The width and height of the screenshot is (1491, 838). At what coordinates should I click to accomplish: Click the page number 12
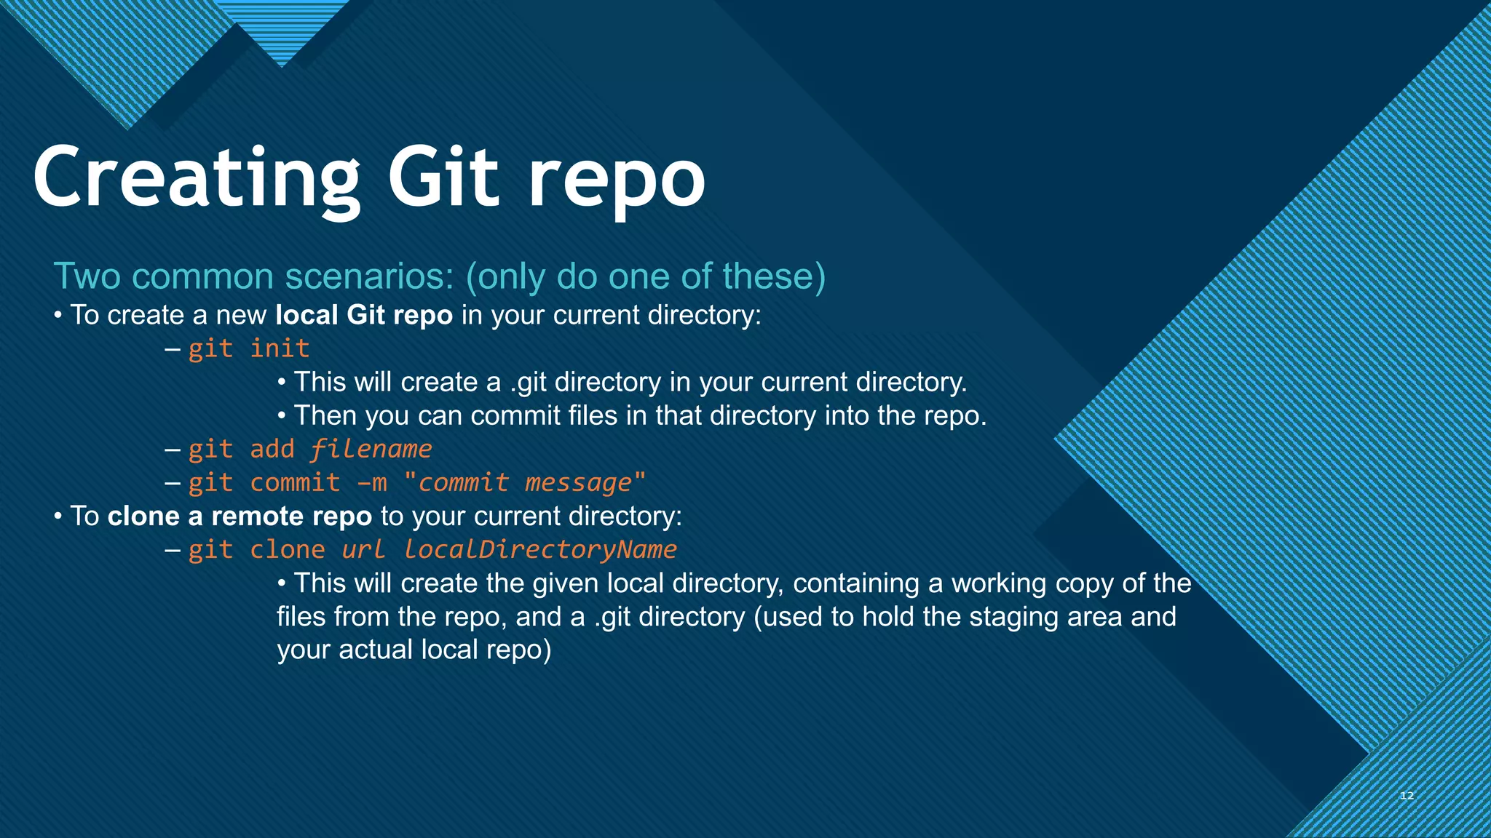(x=1407, y=796)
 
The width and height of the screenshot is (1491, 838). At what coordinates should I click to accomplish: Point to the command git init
(x=249, y=348)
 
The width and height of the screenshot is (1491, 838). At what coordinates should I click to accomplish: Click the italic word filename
(x=371, y=449)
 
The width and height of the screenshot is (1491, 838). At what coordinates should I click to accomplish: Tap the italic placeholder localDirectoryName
(x=540, y=549)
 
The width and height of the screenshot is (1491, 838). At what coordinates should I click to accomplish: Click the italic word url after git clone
(x=363, y=549)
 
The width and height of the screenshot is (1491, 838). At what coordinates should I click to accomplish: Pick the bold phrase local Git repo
(x=364, y=315)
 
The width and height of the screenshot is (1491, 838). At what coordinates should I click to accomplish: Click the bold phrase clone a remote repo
(x=240, y=516)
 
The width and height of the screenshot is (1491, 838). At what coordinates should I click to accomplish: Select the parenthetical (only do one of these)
(x=646, y=276)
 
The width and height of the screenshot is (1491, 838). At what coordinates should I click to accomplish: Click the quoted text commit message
(x=524, y=483)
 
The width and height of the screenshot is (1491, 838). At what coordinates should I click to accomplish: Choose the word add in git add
(x=272, y=449)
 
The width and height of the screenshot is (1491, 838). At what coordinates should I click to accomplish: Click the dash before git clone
(x=173, y=549)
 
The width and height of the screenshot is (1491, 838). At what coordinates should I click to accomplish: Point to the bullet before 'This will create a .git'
(x=282, y=383)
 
